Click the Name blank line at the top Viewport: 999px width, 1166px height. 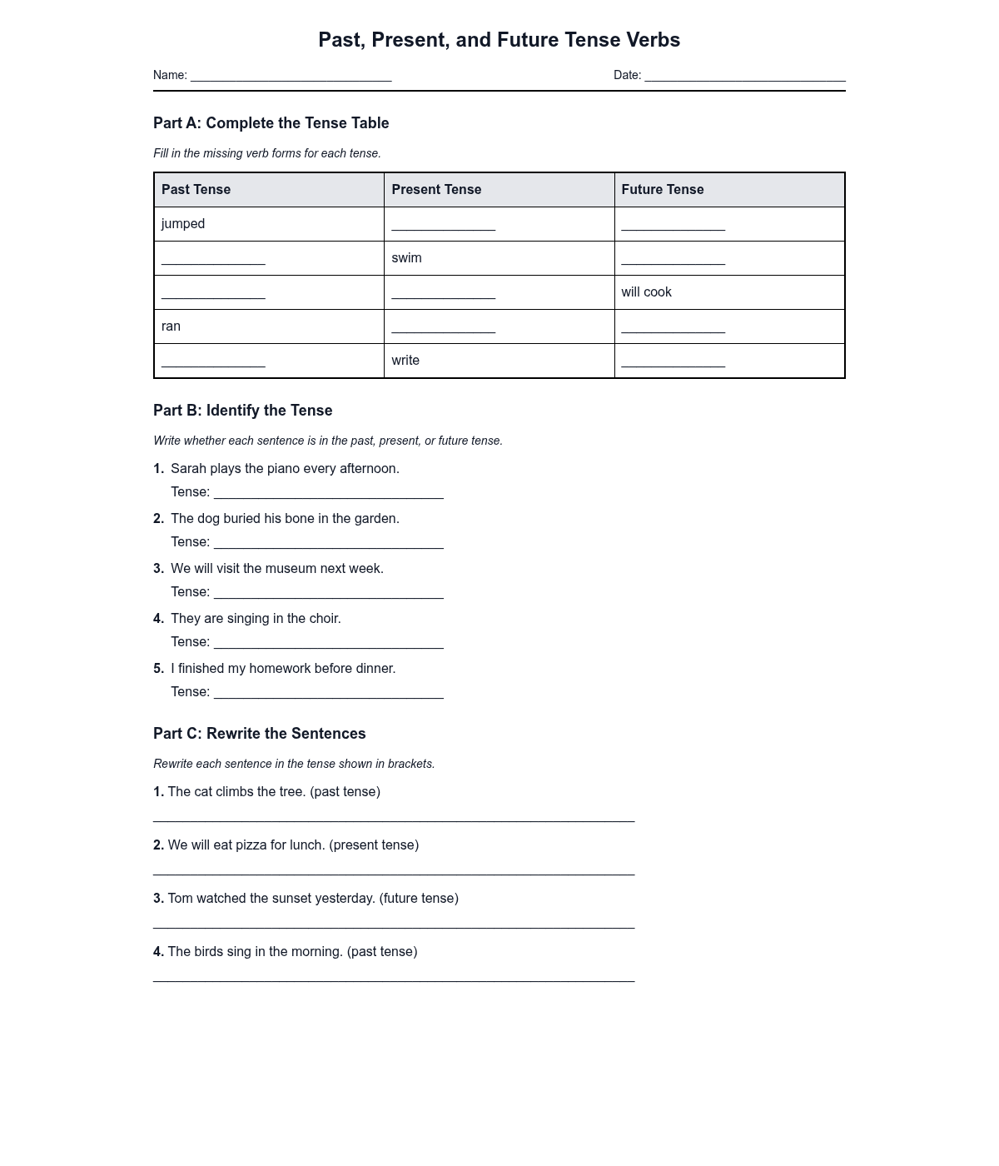[291, 77]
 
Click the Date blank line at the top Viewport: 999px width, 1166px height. [745, 77]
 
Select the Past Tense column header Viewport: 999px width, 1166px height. [196, 190]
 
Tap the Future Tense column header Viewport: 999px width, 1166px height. [662, 190]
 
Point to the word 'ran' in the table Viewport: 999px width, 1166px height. [171, 326]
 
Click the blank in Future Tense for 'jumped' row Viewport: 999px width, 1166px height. [673, 226]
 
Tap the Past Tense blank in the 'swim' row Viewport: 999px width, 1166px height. [213, 260]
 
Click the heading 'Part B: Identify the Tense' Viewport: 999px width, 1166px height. [242, 411]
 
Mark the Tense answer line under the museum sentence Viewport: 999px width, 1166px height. [328, 594]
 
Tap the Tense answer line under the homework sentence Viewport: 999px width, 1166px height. [328, 694]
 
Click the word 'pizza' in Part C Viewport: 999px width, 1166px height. [251, 845]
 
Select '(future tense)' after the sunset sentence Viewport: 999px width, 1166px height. [419, 899]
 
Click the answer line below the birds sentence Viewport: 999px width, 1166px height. [393, 978]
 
